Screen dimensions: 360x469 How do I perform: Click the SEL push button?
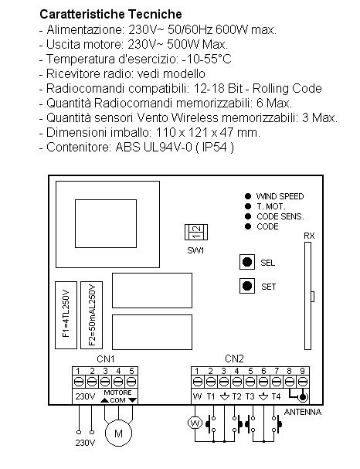pos(247,262)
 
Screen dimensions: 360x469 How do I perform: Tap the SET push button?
pos(247,286)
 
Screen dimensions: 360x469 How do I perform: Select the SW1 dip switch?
pos(196,232)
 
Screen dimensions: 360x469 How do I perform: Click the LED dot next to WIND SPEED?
pos(248,196)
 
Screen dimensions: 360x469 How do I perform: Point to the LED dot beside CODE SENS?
pos(248,216)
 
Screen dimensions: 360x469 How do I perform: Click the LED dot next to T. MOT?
pos(248,206)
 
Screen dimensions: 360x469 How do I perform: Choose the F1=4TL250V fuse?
pos(66,315)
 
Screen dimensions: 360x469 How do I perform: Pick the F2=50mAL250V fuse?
pos(91,315)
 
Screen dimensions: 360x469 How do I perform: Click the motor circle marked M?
pos(118,433)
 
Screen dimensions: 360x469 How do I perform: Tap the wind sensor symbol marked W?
pos(195,423)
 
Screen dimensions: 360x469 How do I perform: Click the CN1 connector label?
pos(106,359)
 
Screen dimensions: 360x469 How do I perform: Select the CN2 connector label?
pos(234,359)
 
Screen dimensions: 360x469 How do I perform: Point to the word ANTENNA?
pos(303,412)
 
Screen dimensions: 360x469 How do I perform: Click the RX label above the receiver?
pos(309,236)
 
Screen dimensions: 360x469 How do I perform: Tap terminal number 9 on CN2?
pos(302,371)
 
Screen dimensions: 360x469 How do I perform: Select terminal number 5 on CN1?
pos(131,371)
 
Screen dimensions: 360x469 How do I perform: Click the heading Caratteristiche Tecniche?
pos(110,14)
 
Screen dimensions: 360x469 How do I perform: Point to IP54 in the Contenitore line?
pos(215,147)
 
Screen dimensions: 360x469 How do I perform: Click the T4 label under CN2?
pos(276,396)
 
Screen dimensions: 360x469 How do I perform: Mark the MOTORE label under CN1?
pos(117,393)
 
